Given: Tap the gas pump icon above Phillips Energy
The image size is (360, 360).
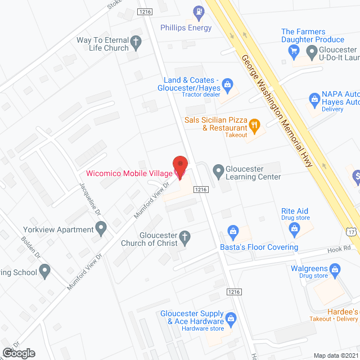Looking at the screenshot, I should tap(198, 11).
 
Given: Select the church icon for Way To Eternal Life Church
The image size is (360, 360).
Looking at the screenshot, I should tap(136, 41).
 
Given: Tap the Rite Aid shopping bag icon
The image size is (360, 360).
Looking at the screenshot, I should tap(294, 228).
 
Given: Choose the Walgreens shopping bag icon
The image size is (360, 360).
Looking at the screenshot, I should tap(335, 270).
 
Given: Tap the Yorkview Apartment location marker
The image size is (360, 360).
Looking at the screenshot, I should tap(101, 229).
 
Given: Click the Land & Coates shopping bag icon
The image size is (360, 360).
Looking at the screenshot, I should tap(227, 85).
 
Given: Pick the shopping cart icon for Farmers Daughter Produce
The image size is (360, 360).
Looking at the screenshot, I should tap(293, 51).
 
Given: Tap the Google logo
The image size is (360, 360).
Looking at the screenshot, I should tap(19, 353).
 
